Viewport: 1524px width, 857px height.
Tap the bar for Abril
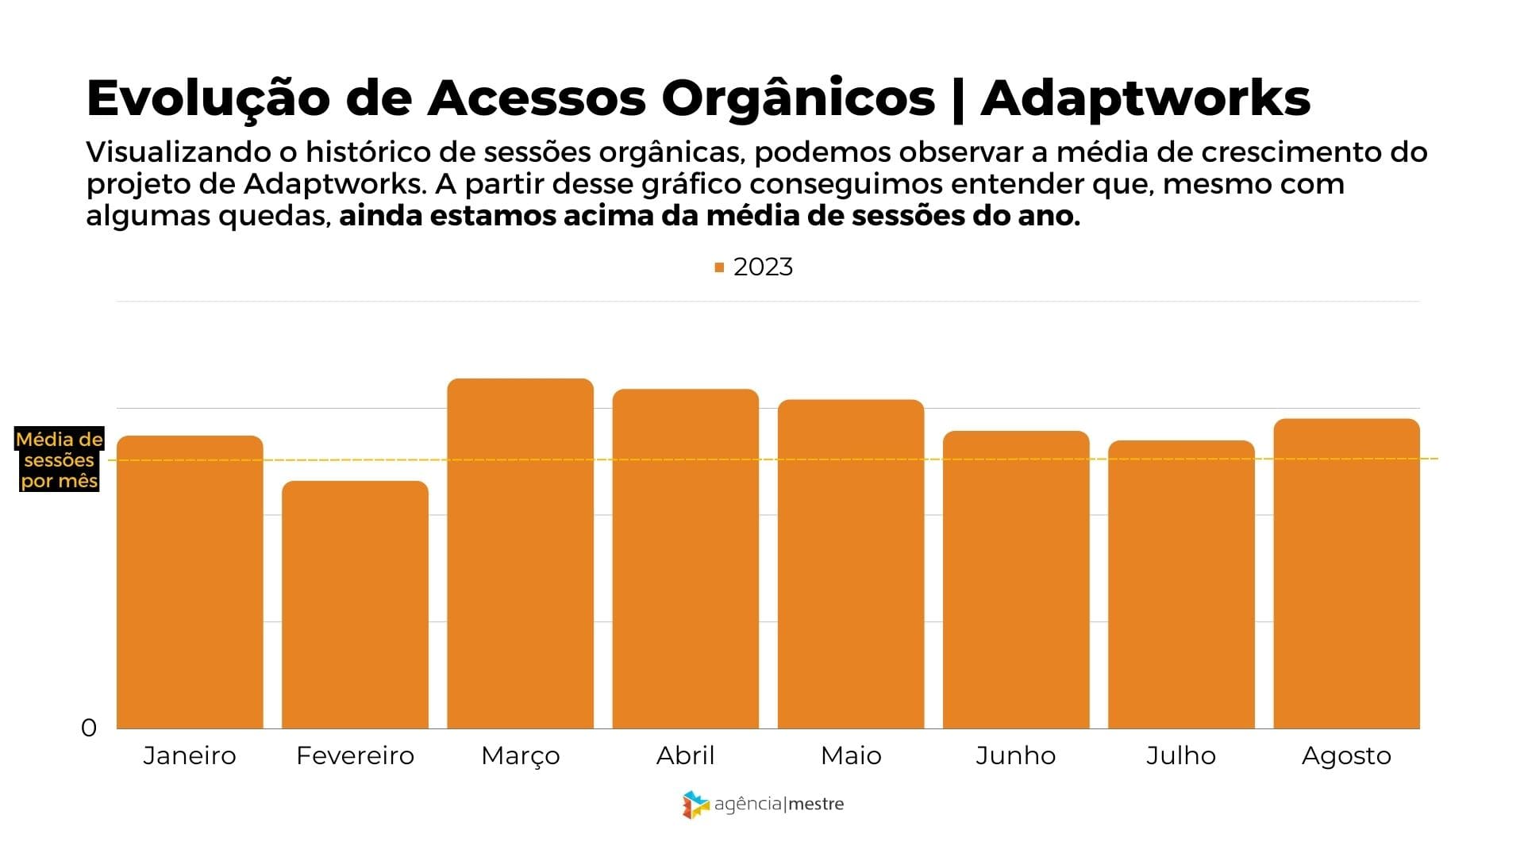point(686,559)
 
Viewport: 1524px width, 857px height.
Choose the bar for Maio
point(851,563)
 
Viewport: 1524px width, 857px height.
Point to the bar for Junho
point(1016,579)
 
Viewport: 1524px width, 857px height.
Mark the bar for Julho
point(1181,584)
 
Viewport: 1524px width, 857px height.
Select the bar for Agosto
point(1346,573)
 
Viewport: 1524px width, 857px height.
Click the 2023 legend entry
point(754,267)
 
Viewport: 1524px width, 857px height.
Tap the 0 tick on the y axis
point(89,728)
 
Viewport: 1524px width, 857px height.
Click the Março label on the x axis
point(520,755)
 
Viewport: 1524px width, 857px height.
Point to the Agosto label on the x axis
point(1346,755)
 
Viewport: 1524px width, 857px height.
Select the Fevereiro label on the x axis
point(355,755)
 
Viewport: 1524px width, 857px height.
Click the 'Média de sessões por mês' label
point(60,460)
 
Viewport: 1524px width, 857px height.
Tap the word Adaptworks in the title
point(1145,98)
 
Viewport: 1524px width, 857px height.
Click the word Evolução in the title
point(208,98)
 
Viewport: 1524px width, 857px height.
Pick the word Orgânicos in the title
point(799,98)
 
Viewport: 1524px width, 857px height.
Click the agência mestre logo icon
point(695,805)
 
